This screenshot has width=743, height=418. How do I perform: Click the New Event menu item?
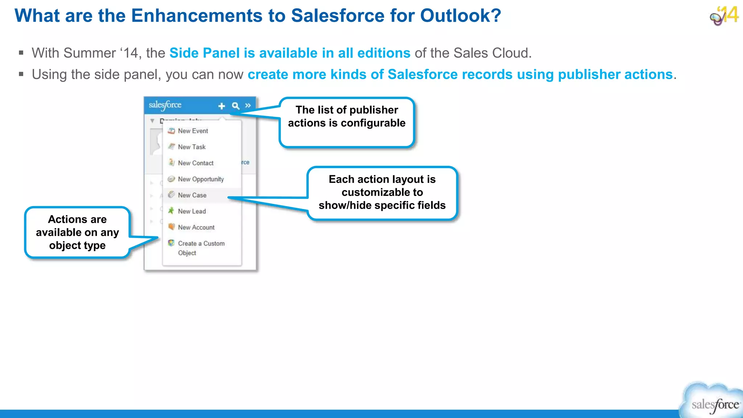193,131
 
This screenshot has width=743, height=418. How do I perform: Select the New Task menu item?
192,147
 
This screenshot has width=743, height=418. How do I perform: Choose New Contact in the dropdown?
196,163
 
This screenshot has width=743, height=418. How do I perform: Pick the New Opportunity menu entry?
201,179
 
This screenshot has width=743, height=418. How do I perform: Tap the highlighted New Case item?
192,195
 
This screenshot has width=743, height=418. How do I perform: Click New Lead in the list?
192,211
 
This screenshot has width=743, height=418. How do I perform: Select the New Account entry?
196,228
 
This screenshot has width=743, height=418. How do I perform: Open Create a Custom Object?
201,248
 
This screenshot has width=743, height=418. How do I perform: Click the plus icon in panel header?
222,106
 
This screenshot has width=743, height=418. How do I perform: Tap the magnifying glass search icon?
235,106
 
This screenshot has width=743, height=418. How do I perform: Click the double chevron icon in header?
248,106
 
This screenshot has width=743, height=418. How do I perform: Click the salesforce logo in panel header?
165,105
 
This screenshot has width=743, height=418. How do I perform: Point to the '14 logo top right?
724,16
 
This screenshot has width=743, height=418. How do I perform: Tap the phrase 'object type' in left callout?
77,246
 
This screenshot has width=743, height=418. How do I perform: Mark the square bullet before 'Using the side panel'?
21,74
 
